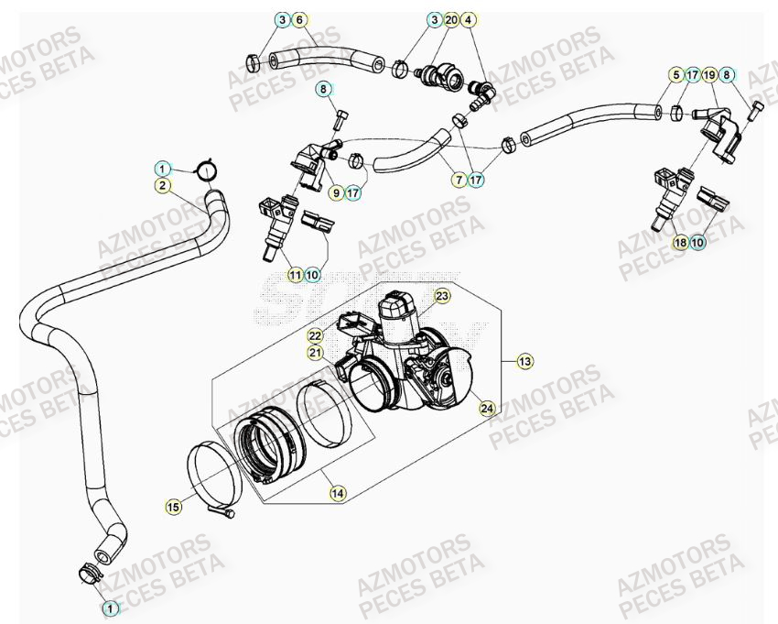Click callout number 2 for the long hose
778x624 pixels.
[162, 185]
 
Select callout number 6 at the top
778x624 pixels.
[299, 19]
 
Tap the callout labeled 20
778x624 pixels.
[451, 19]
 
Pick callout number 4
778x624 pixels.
[469, 19]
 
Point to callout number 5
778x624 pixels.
[675, 74]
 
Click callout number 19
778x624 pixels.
[710, 74]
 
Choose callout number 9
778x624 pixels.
[337, 192]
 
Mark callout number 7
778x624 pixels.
[458, 181]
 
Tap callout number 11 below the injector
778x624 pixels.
[295, 274]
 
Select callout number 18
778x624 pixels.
[680, 243]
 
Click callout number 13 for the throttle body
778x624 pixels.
[524, 362]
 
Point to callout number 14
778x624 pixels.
[338, 493]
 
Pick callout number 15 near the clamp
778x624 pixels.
[174, 505]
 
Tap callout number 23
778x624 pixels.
[442, 296]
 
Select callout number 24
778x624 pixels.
[487, 408]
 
